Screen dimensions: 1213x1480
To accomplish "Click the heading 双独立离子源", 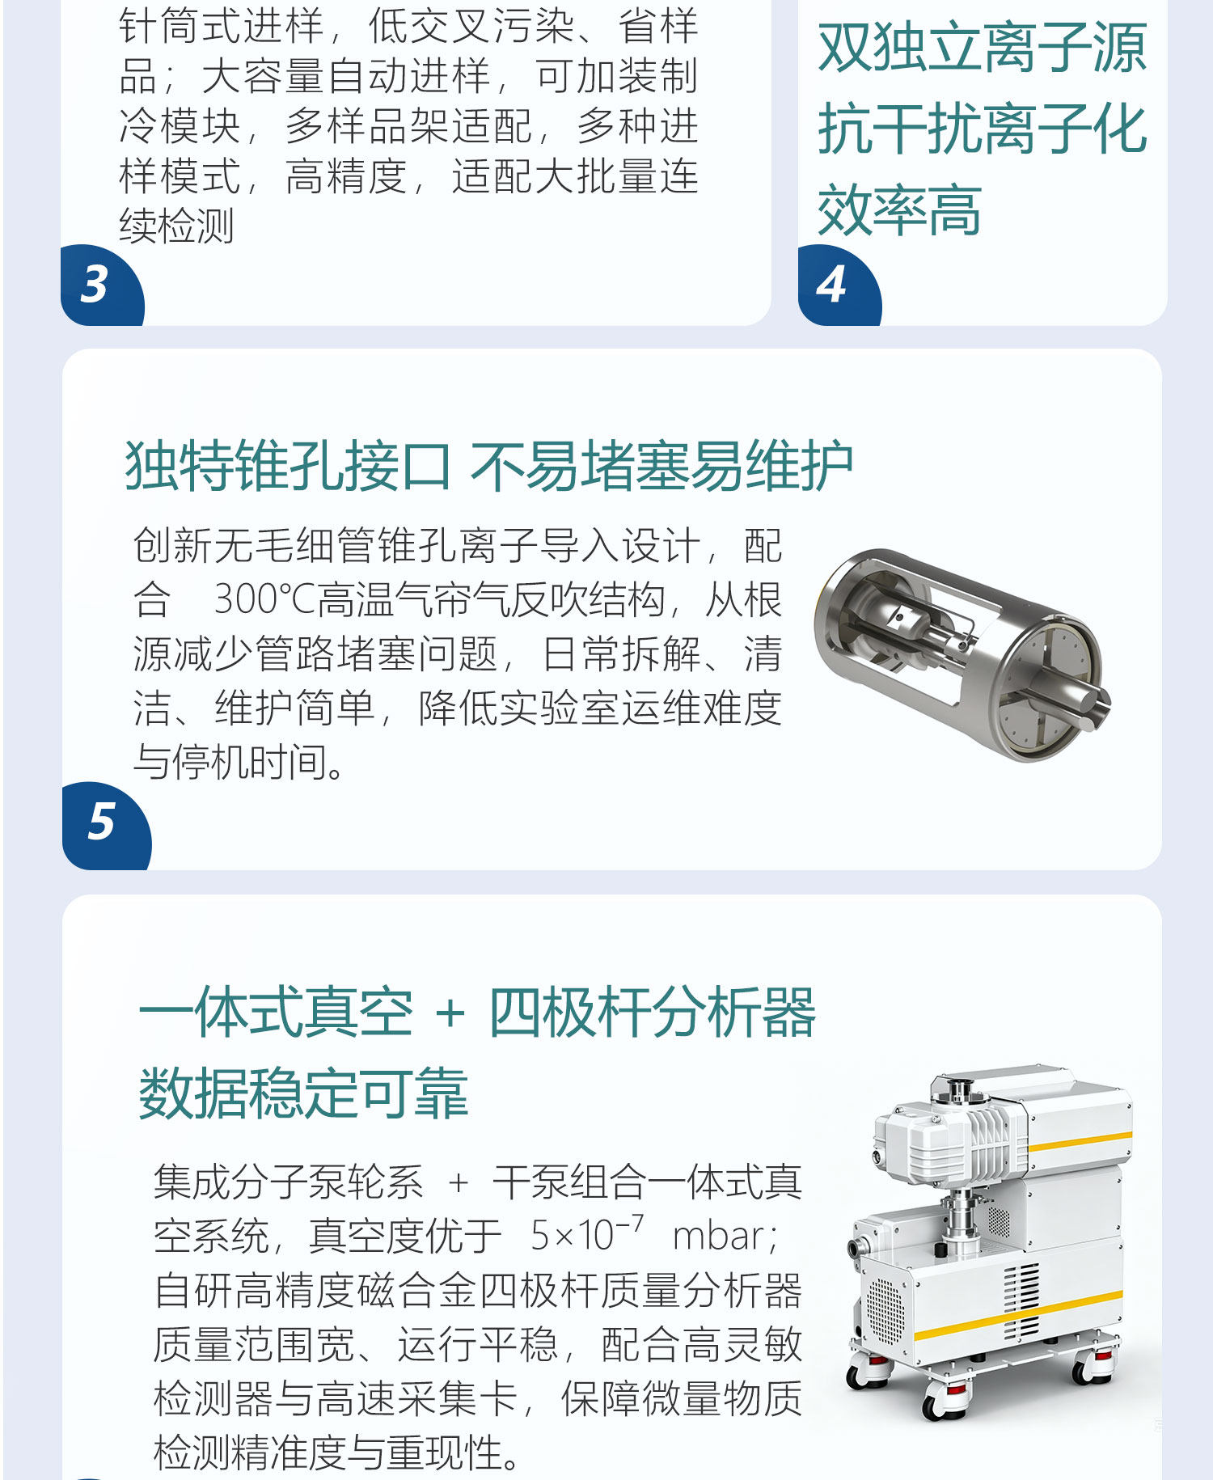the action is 982,48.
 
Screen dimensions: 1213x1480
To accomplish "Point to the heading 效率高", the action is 899,209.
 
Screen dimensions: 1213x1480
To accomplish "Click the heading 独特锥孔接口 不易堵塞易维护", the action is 489,466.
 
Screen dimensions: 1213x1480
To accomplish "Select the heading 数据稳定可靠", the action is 303,1093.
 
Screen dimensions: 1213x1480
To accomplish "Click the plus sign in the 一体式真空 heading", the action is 450,1013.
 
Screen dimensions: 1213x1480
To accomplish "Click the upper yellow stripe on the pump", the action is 1079,1141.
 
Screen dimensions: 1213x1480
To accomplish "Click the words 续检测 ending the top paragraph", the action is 176,226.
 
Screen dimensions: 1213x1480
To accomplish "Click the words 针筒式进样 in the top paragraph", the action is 221,26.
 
